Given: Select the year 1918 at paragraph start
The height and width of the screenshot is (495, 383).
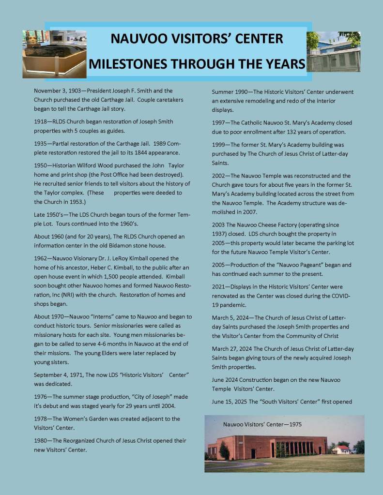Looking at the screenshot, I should [x=41, y=121].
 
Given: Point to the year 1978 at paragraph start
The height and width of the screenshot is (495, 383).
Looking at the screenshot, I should [x=41, y=419].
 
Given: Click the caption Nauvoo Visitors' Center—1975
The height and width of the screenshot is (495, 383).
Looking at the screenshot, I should [x=262, y=424].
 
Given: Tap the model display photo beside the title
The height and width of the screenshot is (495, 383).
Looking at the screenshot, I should [x=54, y=54].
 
